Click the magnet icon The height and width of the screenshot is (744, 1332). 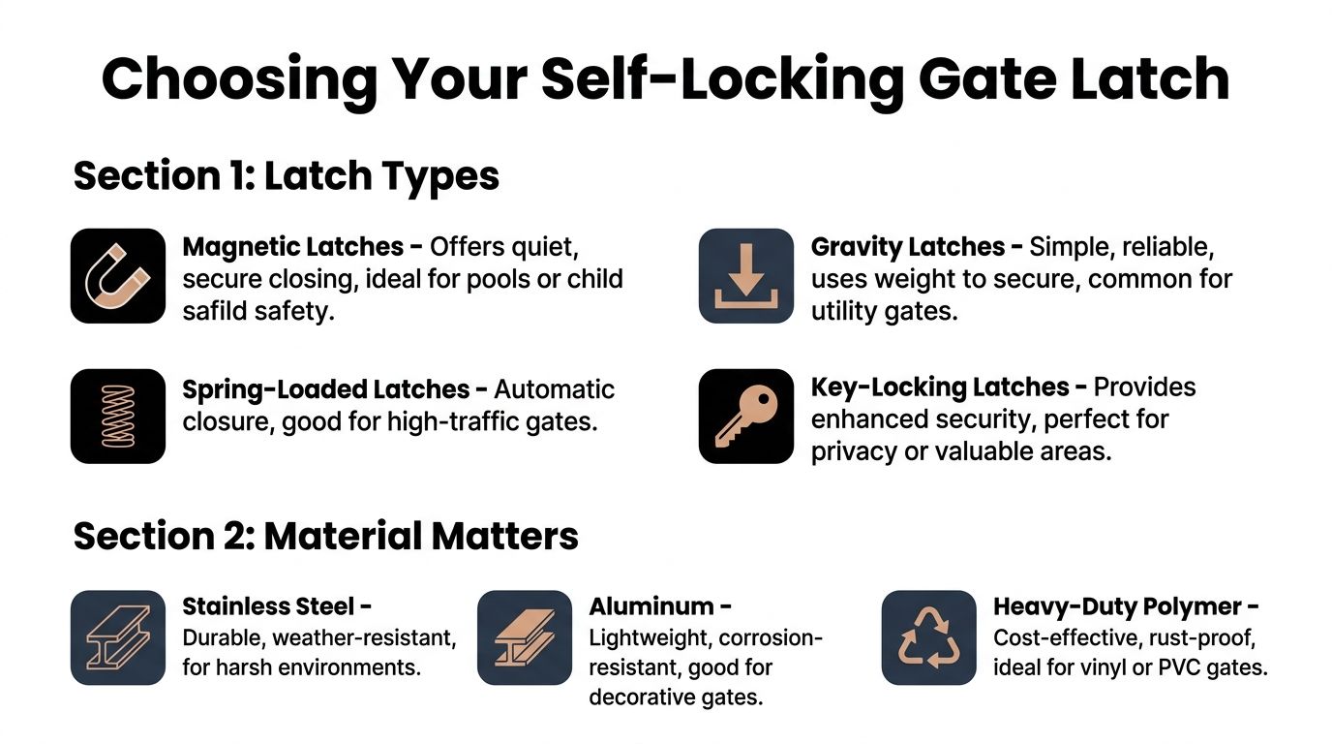[x=118, y=276]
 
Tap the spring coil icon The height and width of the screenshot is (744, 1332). [x=118, y=416]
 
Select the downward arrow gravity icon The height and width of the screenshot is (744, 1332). [x=745, y=276]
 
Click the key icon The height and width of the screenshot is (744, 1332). [x=745, y=416]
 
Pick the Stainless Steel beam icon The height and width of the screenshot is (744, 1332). [x=118, y=637]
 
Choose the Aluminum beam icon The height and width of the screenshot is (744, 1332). [x=524, y=637]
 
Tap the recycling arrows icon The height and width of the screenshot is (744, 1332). [x=928, y=637]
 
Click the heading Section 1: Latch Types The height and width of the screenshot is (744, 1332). [x=287, y=176]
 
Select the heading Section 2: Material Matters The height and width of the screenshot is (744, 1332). [x=325, y=536]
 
